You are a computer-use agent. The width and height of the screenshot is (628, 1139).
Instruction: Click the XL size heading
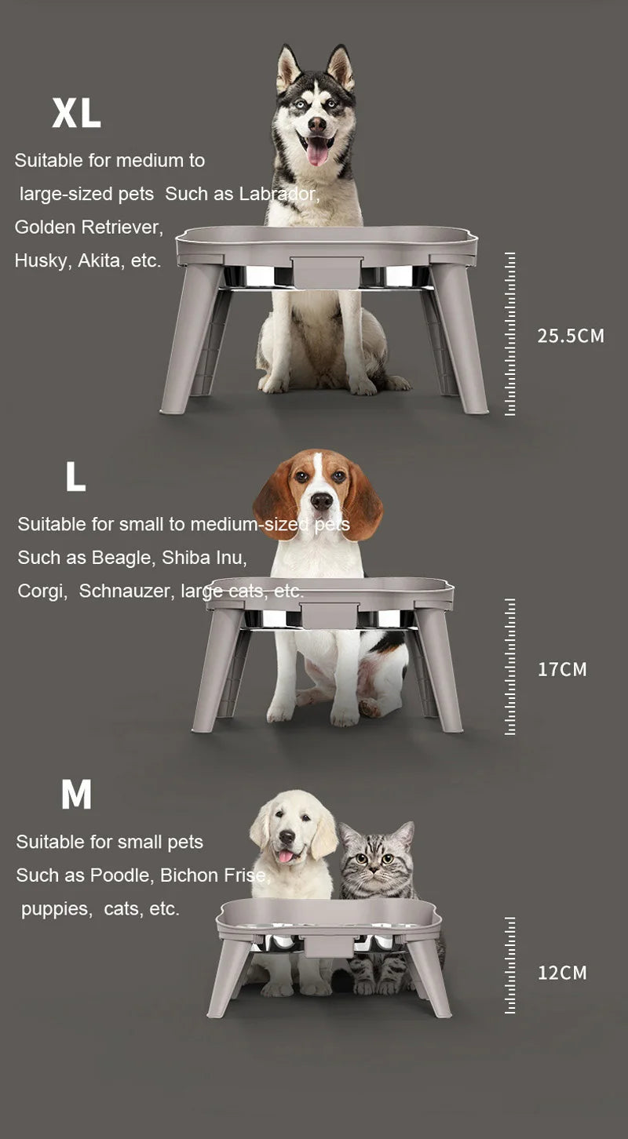point(76,113)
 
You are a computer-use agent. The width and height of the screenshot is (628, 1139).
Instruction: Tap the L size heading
point(75,476)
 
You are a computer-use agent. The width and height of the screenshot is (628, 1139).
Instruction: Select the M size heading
point(76,795)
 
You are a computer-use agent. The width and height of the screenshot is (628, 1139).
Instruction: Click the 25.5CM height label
point(571,336)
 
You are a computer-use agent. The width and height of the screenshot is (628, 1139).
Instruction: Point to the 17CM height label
point(562,669)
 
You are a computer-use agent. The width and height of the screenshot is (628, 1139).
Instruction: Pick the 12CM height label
point(562,973)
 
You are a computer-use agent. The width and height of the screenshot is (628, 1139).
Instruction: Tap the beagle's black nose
point(322,500)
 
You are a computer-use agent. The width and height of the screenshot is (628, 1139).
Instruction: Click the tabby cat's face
point(375,858)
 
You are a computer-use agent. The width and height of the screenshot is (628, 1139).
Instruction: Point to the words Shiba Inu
point(204,558)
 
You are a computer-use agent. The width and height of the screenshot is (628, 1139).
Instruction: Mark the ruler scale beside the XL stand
point(510,333)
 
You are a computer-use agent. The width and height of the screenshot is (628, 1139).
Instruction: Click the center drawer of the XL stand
point(327,272)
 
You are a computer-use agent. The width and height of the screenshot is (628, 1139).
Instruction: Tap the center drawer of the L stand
point(329,616)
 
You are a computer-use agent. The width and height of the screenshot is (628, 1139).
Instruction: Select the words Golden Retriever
point(89,227)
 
